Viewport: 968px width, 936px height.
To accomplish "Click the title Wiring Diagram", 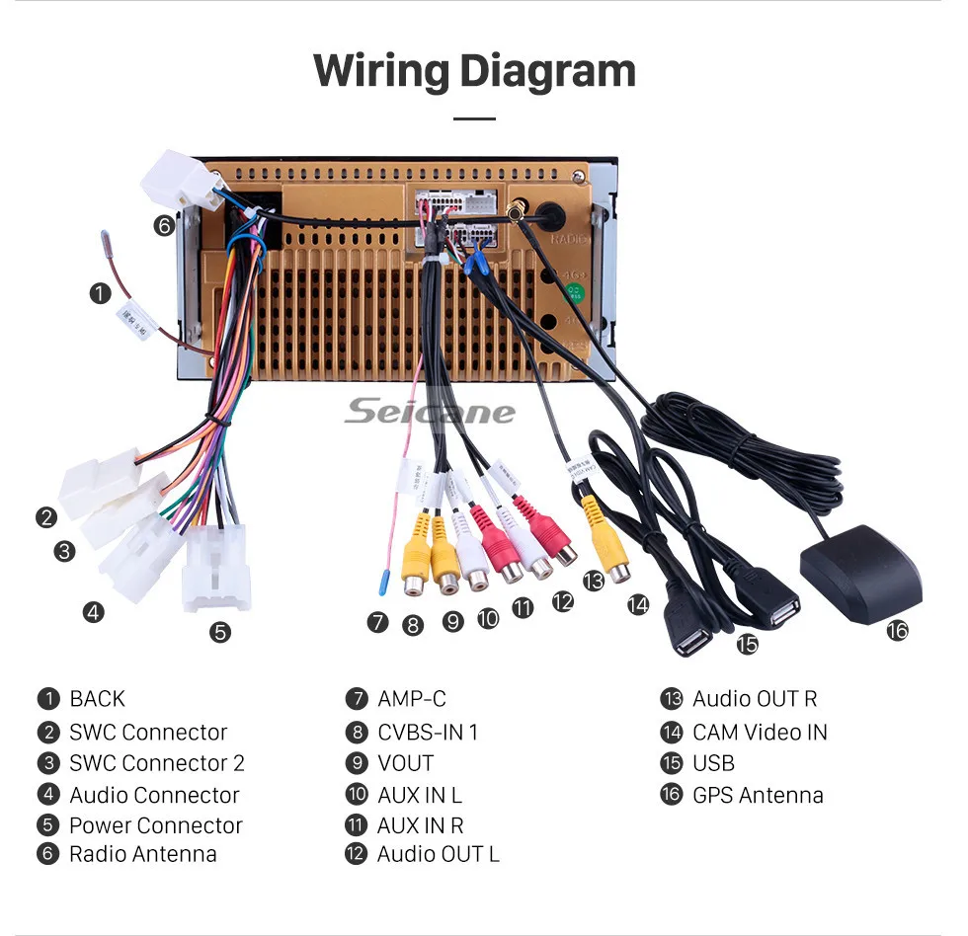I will [474, 71].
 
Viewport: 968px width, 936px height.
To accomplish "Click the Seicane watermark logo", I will [430, 411].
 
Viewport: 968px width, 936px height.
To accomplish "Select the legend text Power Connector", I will [155, 825].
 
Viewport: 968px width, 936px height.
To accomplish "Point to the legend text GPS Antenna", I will [757, 795].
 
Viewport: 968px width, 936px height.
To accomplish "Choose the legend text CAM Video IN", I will [759, 732].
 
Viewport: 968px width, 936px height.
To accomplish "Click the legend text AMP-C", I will [411, 699].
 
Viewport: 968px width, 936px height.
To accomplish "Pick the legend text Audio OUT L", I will [438, 854].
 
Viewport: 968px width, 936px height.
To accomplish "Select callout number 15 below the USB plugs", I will [748, 644].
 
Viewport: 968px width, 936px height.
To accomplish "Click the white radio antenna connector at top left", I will [181, 178].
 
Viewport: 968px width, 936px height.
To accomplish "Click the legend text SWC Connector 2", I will [156, 763].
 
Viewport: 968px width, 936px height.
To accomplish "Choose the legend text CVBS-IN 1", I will [427, 732].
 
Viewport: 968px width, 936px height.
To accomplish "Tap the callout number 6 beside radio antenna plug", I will [163, 226].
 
